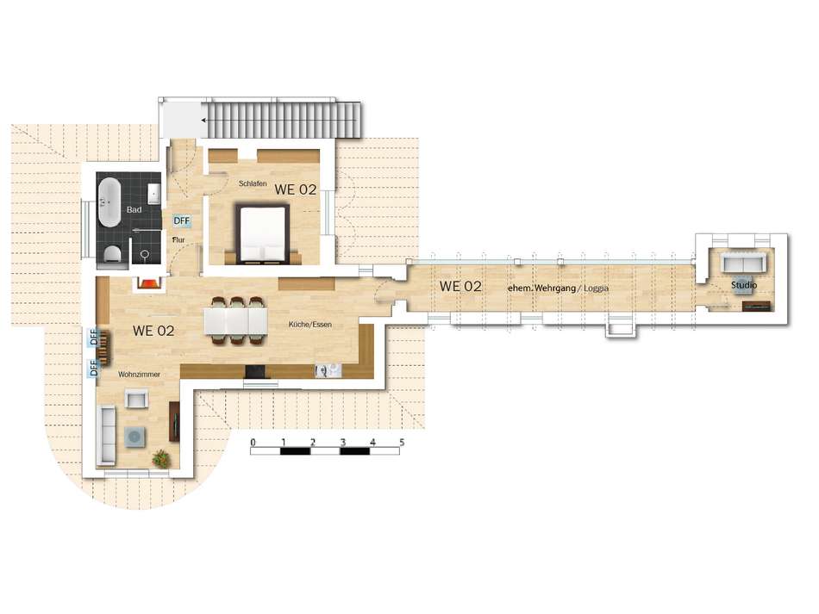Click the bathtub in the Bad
click(x=109, y=202)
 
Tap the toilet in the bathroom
click(x=112, y=255)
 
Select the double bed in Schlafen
click(x=263, y=233)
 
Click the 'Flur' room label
click(x=178, y=240)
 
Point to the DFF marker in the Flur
click(x=181, y=220)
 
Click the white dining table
click(x=235, y=321)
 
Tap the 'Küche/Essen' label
click(x=310, y=325)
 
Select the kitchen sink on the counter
click(x=328, y=370)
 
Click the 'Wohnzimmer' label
click(x=139, y=375)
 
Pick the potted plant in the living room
click(x=161, y=458)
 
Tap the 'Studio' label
click(x=744, y=285)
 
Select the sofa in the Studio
click(x=742, y=261)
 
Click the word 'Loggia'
click(x=596, y=288)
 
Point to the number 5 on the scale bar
click(x=402, y=443)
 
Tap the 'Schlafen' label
click(x=253, y=183)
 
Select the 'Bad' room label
click(x=134, y=210)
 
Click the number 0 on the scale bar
click(x=253, y=443)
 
